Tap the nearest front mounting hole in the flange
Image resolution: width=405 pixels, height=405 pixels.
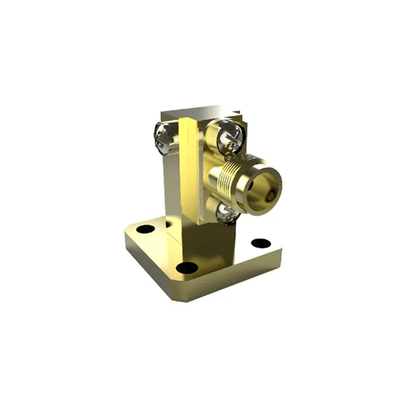(x=186, y=268)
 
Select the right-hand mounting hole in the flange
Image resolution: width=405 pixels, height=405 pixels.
(x=260, y=243)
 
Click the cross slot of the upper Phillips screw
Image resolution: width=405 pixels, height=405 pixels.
(x=229, y=134)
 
